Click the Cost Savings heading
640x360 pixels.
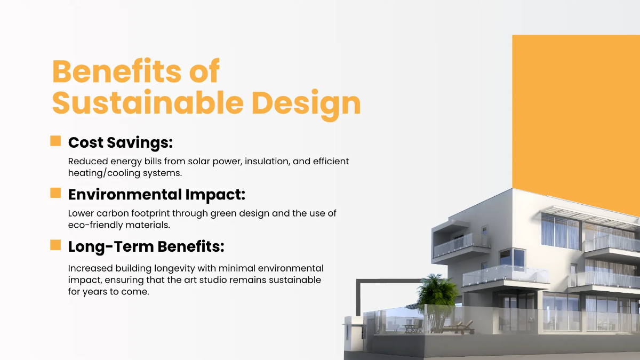pos(121,143)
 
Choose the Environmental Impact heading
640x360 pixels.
pos(156,195)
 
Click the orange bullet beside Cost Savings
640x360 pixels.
pos(55,141)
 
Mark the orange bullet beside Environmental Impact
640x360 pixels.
pos(55,193)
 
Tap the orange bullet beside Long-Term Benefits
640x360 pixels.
pos(55,245)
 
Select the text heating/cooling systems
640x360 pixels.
pos(125,173)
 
